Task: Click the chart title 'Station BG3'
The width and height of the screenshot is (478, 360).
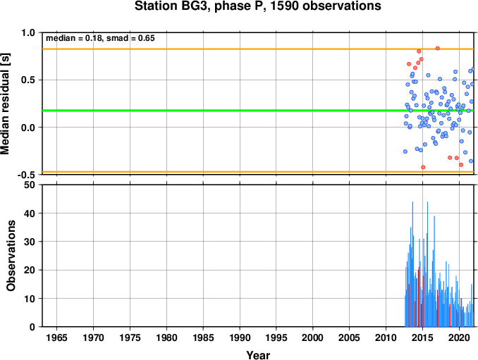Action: pyautogui.click(x=173, y=6)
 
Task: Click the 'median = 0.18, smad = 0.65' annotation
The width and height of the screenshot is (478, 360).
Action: pyautogui.click(x=100, y=38)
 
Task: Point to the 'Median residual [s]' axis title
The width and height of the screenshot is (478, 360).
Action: pyautogui.click(x=6, y=104)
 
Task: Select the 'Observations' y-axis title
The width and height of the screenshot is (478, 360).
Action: pyautogui.click(x=11, y=256)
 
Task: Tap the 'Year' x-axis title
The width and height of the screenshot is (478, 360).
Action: pyautogui.click(x=258, y=355)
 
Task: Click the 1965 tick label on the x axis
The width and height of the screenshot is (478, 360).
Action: pyautogui.click(x=56, y=337)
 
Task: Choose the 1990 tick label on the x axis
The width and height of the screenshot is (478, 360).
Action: pyautogui.click(x=240, y=337)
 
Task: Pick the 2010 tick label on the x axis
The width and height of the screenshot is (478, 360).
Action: pyautogui.click(x=386, y=337)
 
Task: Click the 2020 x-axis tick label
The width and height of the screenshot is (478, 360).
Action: pyautogui.click(x=459, y=337)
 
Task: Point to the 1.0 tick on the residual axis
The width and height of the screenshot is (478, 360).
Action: pyautogui.click(x=28, y=32)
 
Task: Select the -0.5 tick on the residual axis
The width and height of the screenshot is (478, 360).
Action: pyautogui.click(x=27, y=175)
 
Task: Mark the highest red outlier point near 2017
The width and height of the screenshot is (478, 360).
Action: pyautogui.click(x=437, y=48)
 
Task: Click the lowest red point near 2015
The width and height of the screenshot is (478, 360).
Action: pyautogui.click(x=423, y=167)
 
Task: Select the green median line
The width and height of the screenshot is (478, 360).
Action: pyautogui.click(x=258, y=110)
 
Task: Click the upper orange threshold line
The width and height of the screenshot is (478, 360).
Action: pyautogui.click(x=258, y=49)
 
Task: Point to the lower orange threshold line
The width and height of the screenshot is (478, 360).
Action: pyautogui.click(x=258, y=172)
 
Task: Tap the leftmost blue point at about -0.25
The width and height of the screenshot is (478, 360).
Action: pyautogui.click(x=405, y=151)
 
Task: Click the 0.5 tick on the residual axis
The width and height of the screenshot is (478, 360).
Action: pyautogui.click(x=28, y=80)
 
